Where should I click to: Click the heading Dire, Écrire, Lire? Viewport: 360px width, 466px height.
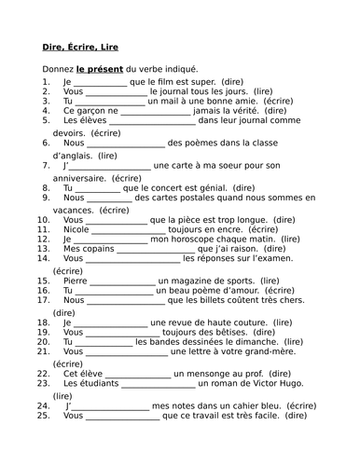coord(81,47)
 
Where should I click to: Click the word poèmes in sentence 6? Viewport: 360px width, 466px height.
coord(188,144)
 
